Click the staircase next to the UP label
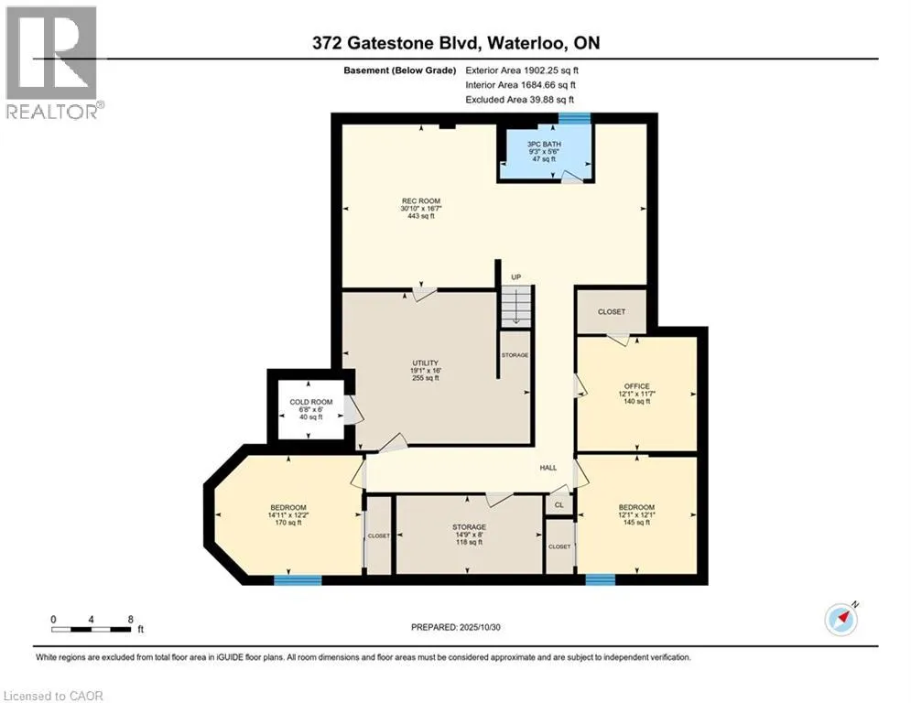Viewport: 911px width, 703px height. tap(516, 306)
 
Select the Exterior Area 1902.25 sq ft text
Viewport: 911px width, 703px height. tap(522, 70)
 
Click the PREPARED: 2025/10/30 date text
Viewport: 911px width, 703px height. tap(456, 627)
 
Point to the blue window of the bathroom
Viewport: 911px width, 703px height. tap(575, 118)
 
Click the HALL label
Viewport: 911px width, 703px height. tap(548, 468)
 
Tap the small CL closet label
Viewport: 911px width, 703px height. tap(559, 505)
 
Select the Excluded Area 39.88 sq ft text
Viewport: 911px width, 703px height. tap(519, 100)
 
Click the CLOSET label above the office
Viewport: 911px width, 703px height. tap(612, 312)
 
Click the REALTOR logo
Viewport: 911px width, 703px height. tap(52, 63)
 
